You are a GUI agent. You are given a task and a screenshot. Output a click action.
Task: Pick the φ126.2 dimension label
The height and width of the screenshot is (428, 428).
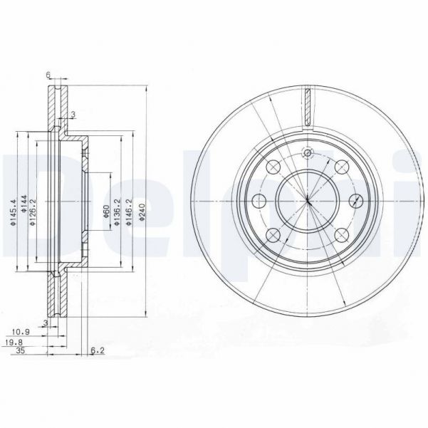point(33,212)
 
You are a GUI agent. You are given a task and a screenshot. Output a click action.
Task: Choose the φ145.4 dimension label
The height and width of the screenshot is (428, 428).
point(12,212)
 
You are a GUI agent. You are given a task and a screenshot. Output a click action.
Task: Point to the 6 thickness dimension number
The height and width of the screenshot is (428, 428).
point(48,75)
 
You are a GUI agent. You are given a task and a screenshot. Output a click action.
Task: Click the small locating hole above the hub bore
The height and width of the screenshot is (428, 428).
point(308,153)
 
